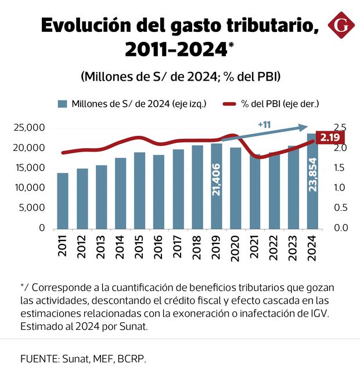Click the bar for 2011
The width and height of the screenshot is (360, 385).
63,200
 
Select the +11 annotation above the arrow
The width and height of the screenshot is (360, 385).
264,125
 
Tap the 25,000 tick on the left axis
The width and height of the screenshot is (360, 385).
29,128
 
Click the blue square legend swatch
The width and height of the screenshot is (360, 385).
62,105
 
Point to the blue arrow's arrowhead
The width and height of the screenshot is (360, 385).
303,127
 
